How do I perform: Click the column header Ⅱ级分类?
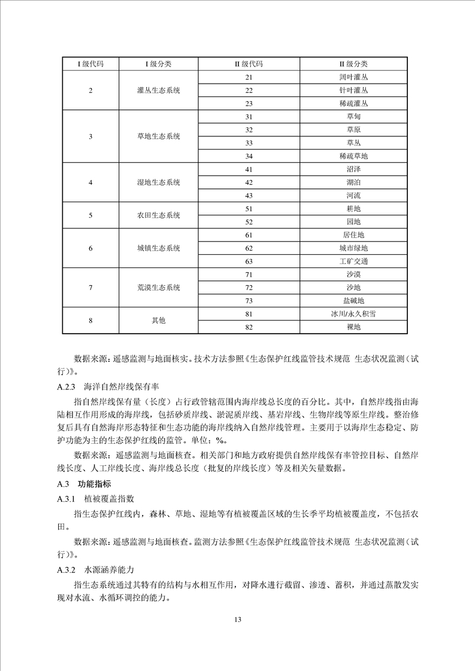click(x=353, y=64)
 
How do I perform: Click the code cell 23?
click(x=249, y=103)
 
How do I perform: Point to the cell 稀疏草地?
click(x=353, y=156)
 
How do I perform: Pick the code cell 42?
click(x=249, y=182)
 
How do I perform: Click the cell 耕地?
click(x=353, y=209)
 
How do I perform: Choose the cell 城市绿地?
click(x=353, y=248)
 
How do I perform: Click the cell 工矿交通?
click(x=353, y=261)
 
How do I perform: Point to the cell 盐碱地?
click(x=353, y=301)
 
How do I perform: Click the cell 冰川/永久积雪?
click(x=353, y=314)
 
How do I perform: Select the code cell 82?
click(x=249, y=327)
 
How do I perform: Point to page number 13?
click(x=237, y=619)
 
